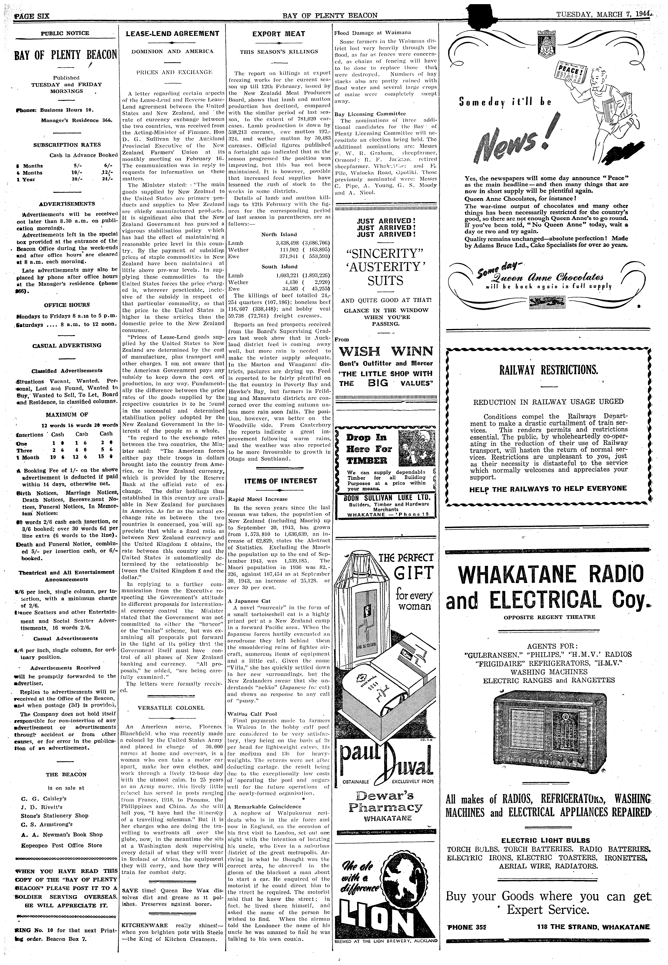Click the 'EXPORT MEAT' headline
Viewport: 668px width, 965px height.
(278, 33)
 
